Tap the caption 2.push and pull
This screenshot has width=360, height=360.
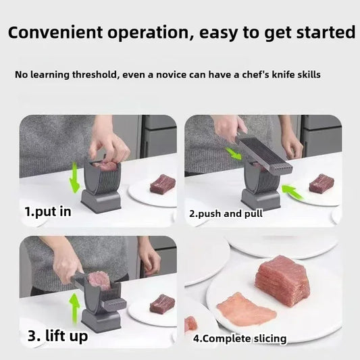pyautogui.click(x=226, y=213)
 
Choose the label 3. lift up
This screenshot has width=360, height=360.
pyautogui.click(x=57, y=334)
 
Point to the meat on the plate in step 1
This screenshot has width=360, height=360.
pyautogui.click(x=162, y=183)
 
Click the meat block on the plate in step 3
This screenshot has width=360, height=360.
pyautogui.click(x=162, y=304)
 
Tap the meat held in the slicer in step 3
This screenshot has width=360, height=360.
pyautogui.click(x=99, y=280)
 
